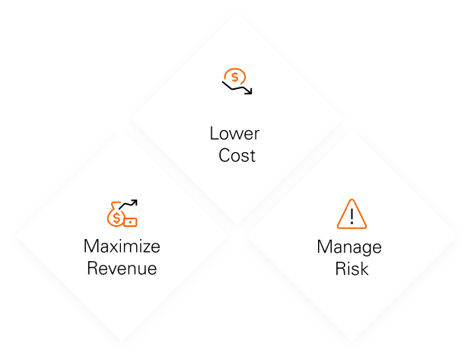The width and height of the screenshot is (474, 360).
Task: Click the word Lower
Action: [x=234, y=134]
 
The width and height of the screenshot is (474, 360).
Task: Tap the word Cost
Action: [x=235, y=156]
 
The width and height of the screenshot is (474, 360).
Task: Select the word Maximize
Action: [x=122, y=247]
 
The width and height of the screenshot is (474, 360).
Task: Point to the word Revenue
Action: [x=122, y=269]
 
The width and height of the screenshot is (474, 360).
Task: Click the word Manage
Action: [x=349, y=247]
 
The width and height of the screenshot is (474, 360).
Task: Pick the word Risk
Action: [x=350, y=269]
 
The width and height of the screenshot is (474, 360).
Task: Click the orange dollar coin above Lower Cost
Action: [x=235, y=76]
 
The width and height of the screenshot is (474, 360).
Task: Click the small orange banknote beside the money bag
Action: [x=131, y=222]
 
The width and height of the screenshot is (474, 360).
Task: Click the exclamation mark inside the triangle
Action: [x=351, y=215]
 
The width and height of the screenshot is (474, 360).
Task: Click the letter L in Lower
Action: [x=214, y=134]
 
